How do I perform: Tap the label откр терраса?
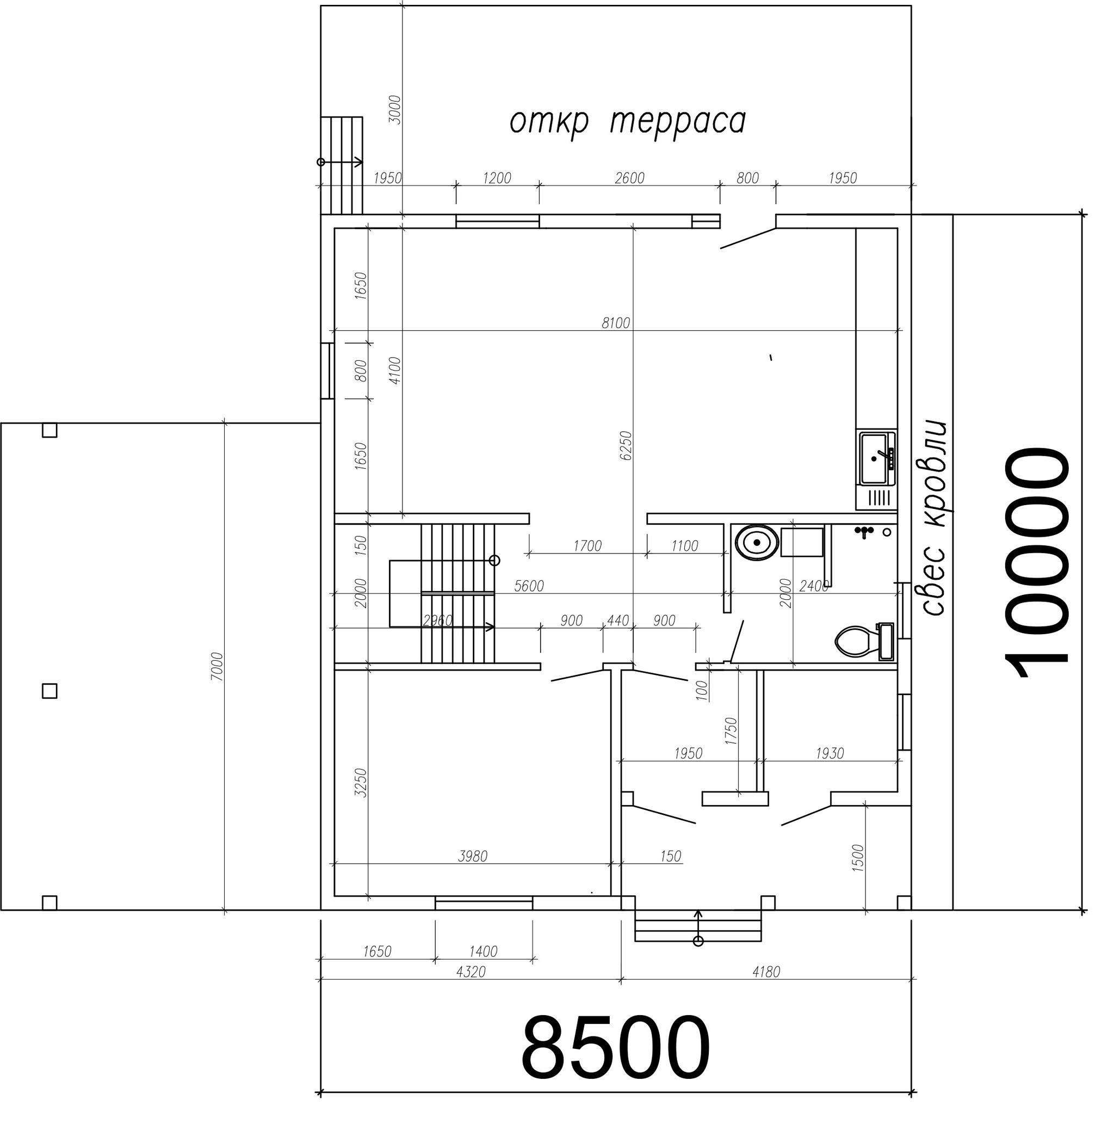[x=627, y=121]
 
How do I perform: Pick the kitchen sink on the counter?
[x=876, y=458]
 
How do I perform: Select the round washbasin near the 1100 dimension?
[x=757, y=542]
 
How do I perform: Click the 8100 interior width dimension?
[x=616, y=323]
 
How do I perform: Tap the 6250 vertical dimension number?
[x=626, y=446]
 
